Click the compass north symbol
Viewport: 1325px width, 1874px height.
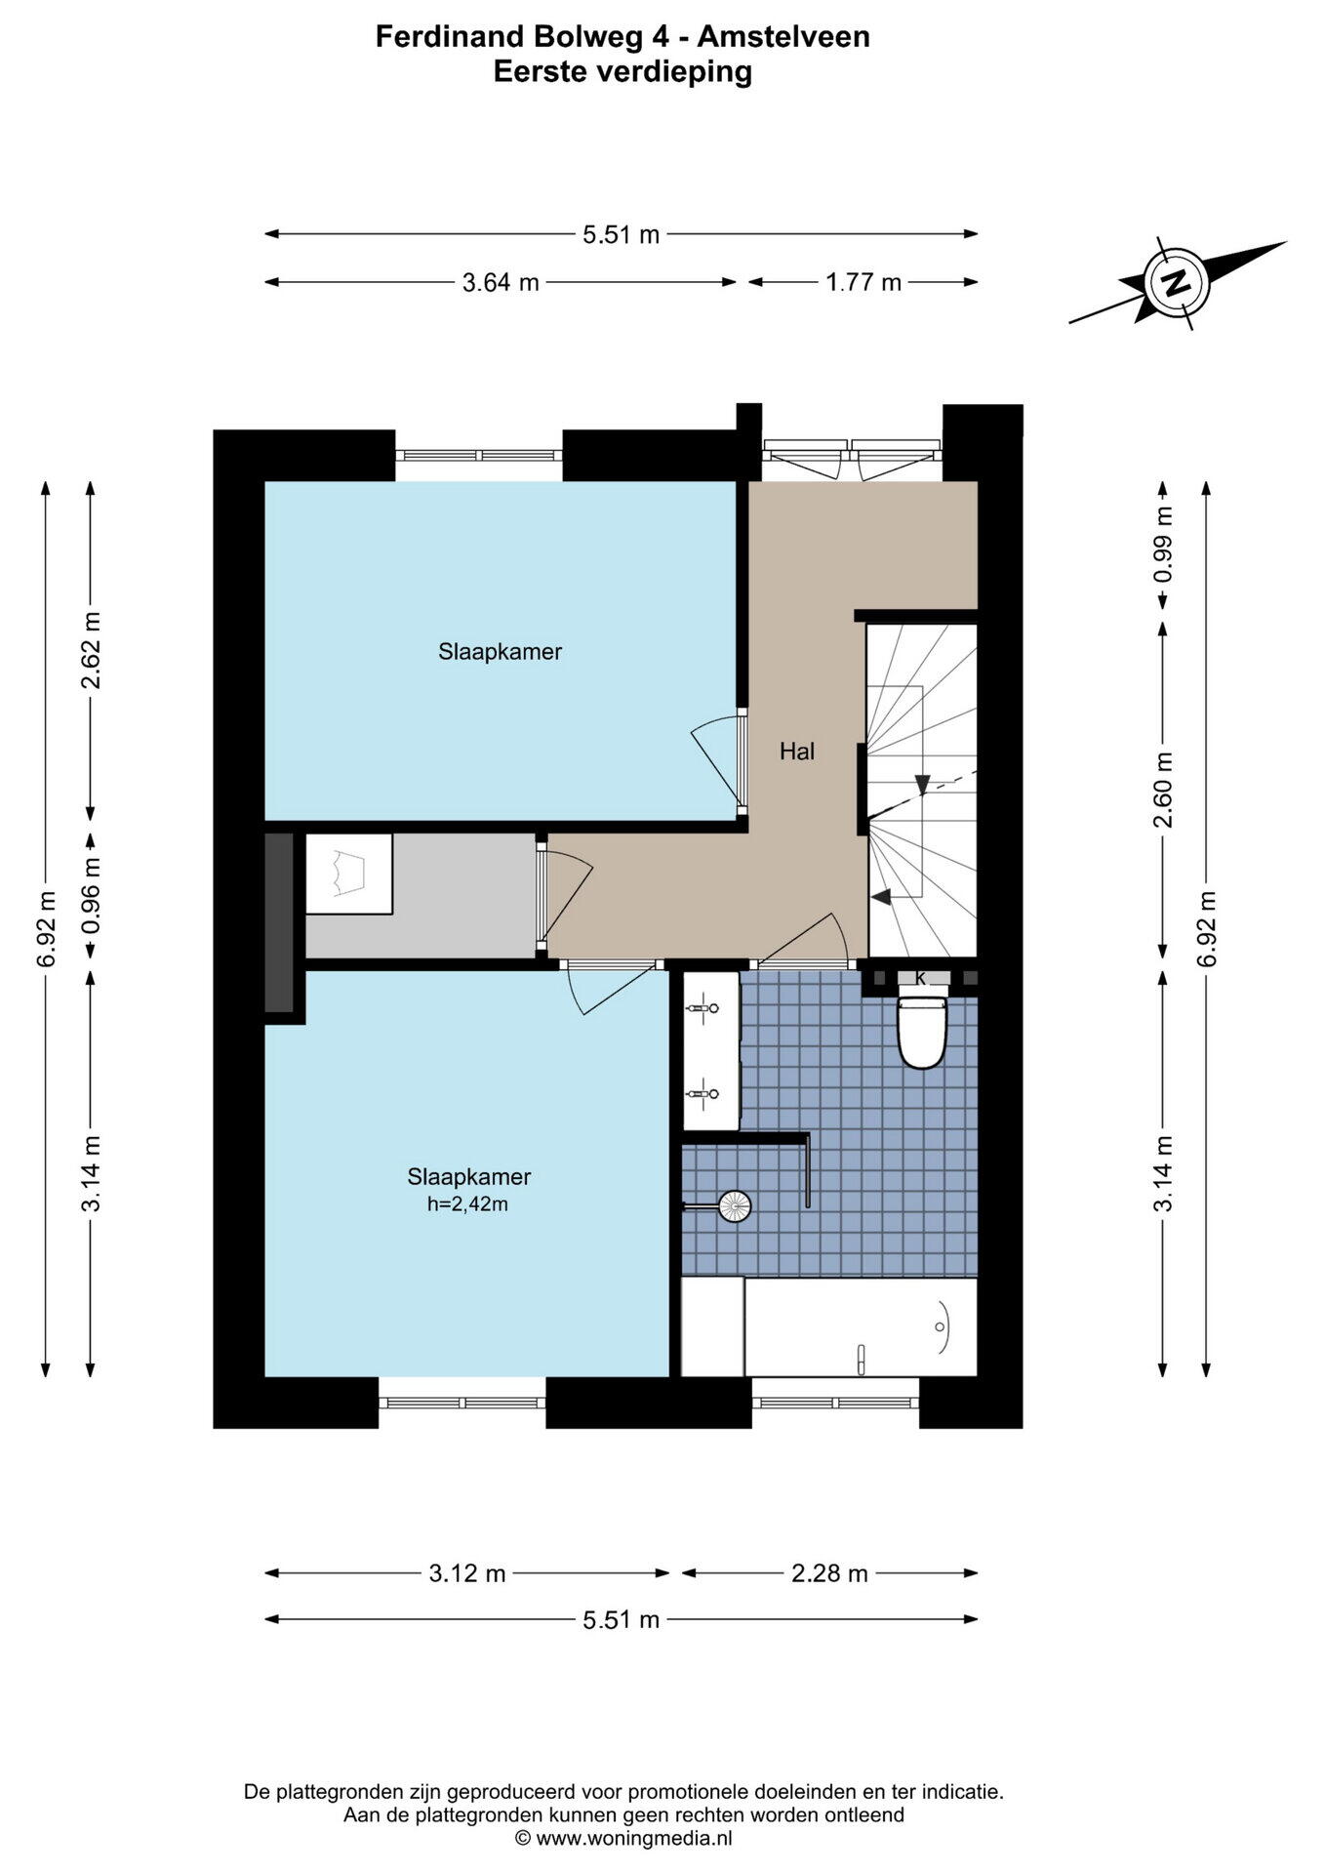point(1177,283)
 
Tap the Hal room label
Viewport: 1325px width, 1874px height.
point(797,751)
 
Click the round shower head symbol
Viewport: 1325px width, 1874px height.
point(734,1206)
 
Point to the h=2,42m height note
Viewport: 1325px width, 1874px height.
point(467,1204)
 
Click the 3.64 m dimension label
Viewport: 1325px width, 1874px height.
point(501,283)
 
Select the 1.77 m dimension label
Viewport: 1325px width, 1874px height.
point(863,283)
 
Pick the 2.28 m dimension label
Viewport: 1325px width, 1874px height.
point(829,1573)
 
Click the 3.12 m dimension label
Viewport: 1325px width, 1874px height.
point(467,1573)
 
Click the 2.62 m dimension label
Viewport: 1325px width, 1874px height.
point(91,650)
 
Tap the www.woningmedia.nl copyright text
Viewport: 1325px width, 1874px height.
point(623,1839)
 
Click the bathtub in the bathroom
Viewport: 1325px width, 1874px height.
point(861,1326)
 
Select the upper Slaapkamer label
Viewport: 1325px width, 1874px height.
point(500,651)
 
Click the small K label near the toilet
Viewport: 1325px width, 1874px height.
point(920,977)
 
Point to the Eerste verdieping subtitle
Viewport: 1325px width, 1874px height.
point(622,72)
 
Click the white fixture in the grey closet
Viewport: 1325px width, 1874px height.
point(348,874)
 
